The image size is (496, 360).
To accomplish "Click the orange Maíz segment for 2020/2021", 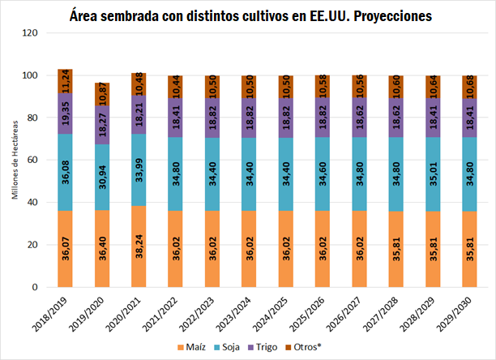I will click(x=139, y=246).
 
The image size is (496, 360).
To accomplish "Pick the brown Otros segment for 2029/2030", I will click(x=469, y=87).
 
